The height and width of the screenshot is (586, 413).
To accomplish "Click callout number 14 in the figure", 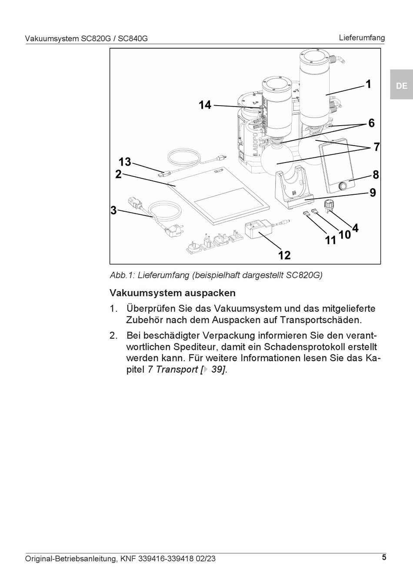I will (205, 105).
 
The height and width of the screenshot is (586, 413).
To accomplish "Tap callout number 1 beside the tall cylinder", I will (368, 84).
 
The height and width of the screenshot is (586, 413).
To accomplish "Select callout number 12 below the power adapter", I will (284, 255).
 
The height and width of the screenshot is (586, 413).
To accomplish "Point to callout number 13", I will (124, 162).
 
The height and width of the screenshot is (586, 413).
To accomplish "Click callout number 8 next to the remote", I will (376, 175).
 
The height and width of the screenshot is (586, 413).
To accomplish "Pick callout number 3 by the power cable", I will (113, 211).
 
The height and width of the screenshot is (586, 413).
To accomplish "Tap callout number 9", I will (373, 192).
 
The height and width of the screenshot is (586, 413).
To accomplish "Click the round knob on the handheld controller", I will (343, 186).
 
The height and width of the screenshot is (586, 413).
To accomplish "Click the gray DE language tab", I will (401, 86).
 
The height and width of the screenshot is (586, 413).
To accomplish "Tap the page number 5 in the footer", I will (384, 557).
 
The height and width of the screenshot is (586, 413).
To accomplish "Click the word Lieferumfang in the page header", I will (362, 37).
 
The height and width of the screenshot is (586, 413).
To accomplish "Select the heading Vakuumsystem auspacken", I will (173, 293).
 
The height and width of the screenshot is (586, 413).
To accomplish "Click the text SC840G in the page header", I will (133, 39).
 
